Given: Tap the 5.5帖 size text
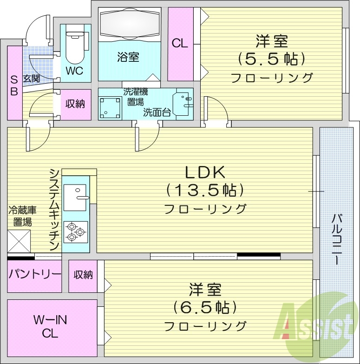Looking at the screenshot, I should pos(272,59).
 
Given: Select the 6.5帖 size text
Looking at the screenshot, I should pos(205,307).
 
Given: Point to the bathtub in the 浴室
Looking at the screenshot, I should pos(130,23).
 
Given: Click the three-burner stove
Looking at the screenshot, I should pos(75,232).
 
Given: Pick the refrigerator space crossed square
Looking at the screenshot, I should pos(19,241).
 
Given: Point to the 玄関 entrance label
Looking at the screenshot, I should pos(32,79).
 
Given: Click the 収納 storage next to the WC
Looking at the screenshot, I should pos(75,104).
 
